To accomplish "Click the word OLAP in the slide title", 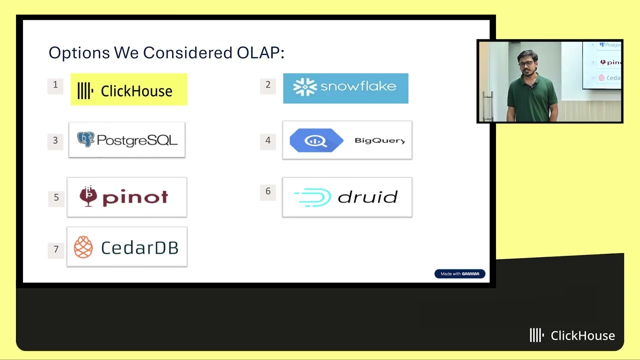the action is (260, 52).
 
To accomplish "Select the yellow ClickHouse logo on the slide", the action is (129, 89).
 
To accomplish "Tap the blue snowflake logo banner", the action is (345, 88).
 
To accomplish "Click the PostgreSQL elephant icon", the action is (85, 139).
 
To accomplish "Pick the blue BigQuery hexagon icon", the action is (316, 140).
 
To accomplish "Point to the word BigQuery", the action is (379, 140).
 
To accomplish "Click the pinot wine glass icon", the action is (88, 196).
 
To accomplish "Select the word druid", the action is (367, 197).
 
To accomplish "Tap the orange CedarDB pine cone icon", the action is (83, 247).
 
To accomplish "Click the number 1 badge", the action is (55, 86).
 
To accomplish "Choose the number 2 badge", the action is (267, 86).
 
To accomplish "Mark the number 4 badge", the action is (267, 141).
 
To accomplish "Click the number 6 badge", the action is (267, 192).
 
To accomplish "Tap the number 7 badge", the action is (56, 250).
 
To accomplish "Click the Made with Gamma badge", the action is (459, 273).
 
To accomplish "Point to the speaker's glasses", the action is (526, 63).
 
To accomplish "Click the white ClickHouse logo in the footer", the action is (572, 335).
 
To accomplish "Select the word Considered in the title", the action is (187, 52).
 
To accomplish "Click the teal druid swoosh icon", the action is (312, 197).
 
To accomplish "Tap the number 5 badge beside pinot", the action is (56, 199).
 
